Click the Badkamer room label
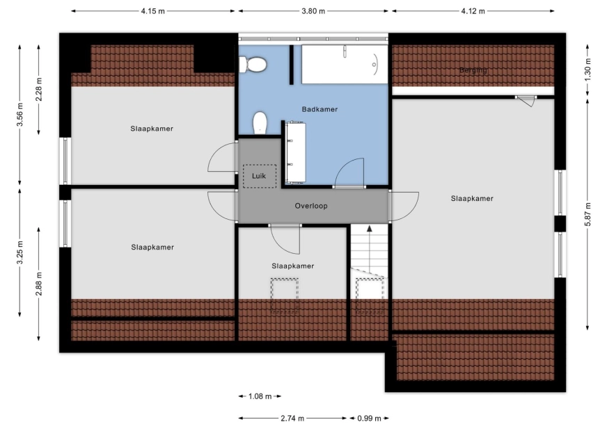[x=320, y=109]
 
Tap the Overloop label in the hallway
[x=311, y=207]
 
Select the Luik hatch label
[x=259, y=176]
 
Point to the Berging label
[x=473, y=70]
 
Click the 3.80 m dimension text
[x=313, y=11]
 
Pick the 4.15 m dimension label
[x=152, y=11]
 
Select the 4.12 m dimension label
[x=473, y=11]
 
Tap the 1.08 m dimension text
[x=260, y=396]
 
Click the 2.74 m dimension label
[x=292, y=418]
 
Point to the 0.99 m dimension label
[x=370, y=418]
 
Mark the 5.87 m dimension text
[x=588, y=214]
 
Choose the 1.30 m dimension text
[x=588, y=70]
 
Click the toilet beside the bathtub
[x=253, y=65]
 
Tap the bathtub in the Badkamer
[x=345, y=64]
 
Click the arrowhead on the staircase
[x=370, y=228]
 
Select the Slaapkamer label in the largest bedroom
[x=472, y=199]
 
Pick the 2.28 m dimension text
[x=39, y=90]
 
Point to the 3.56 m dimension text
[x=19, y=115]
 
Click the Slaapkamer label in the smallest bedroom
[x=292, y=266]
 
